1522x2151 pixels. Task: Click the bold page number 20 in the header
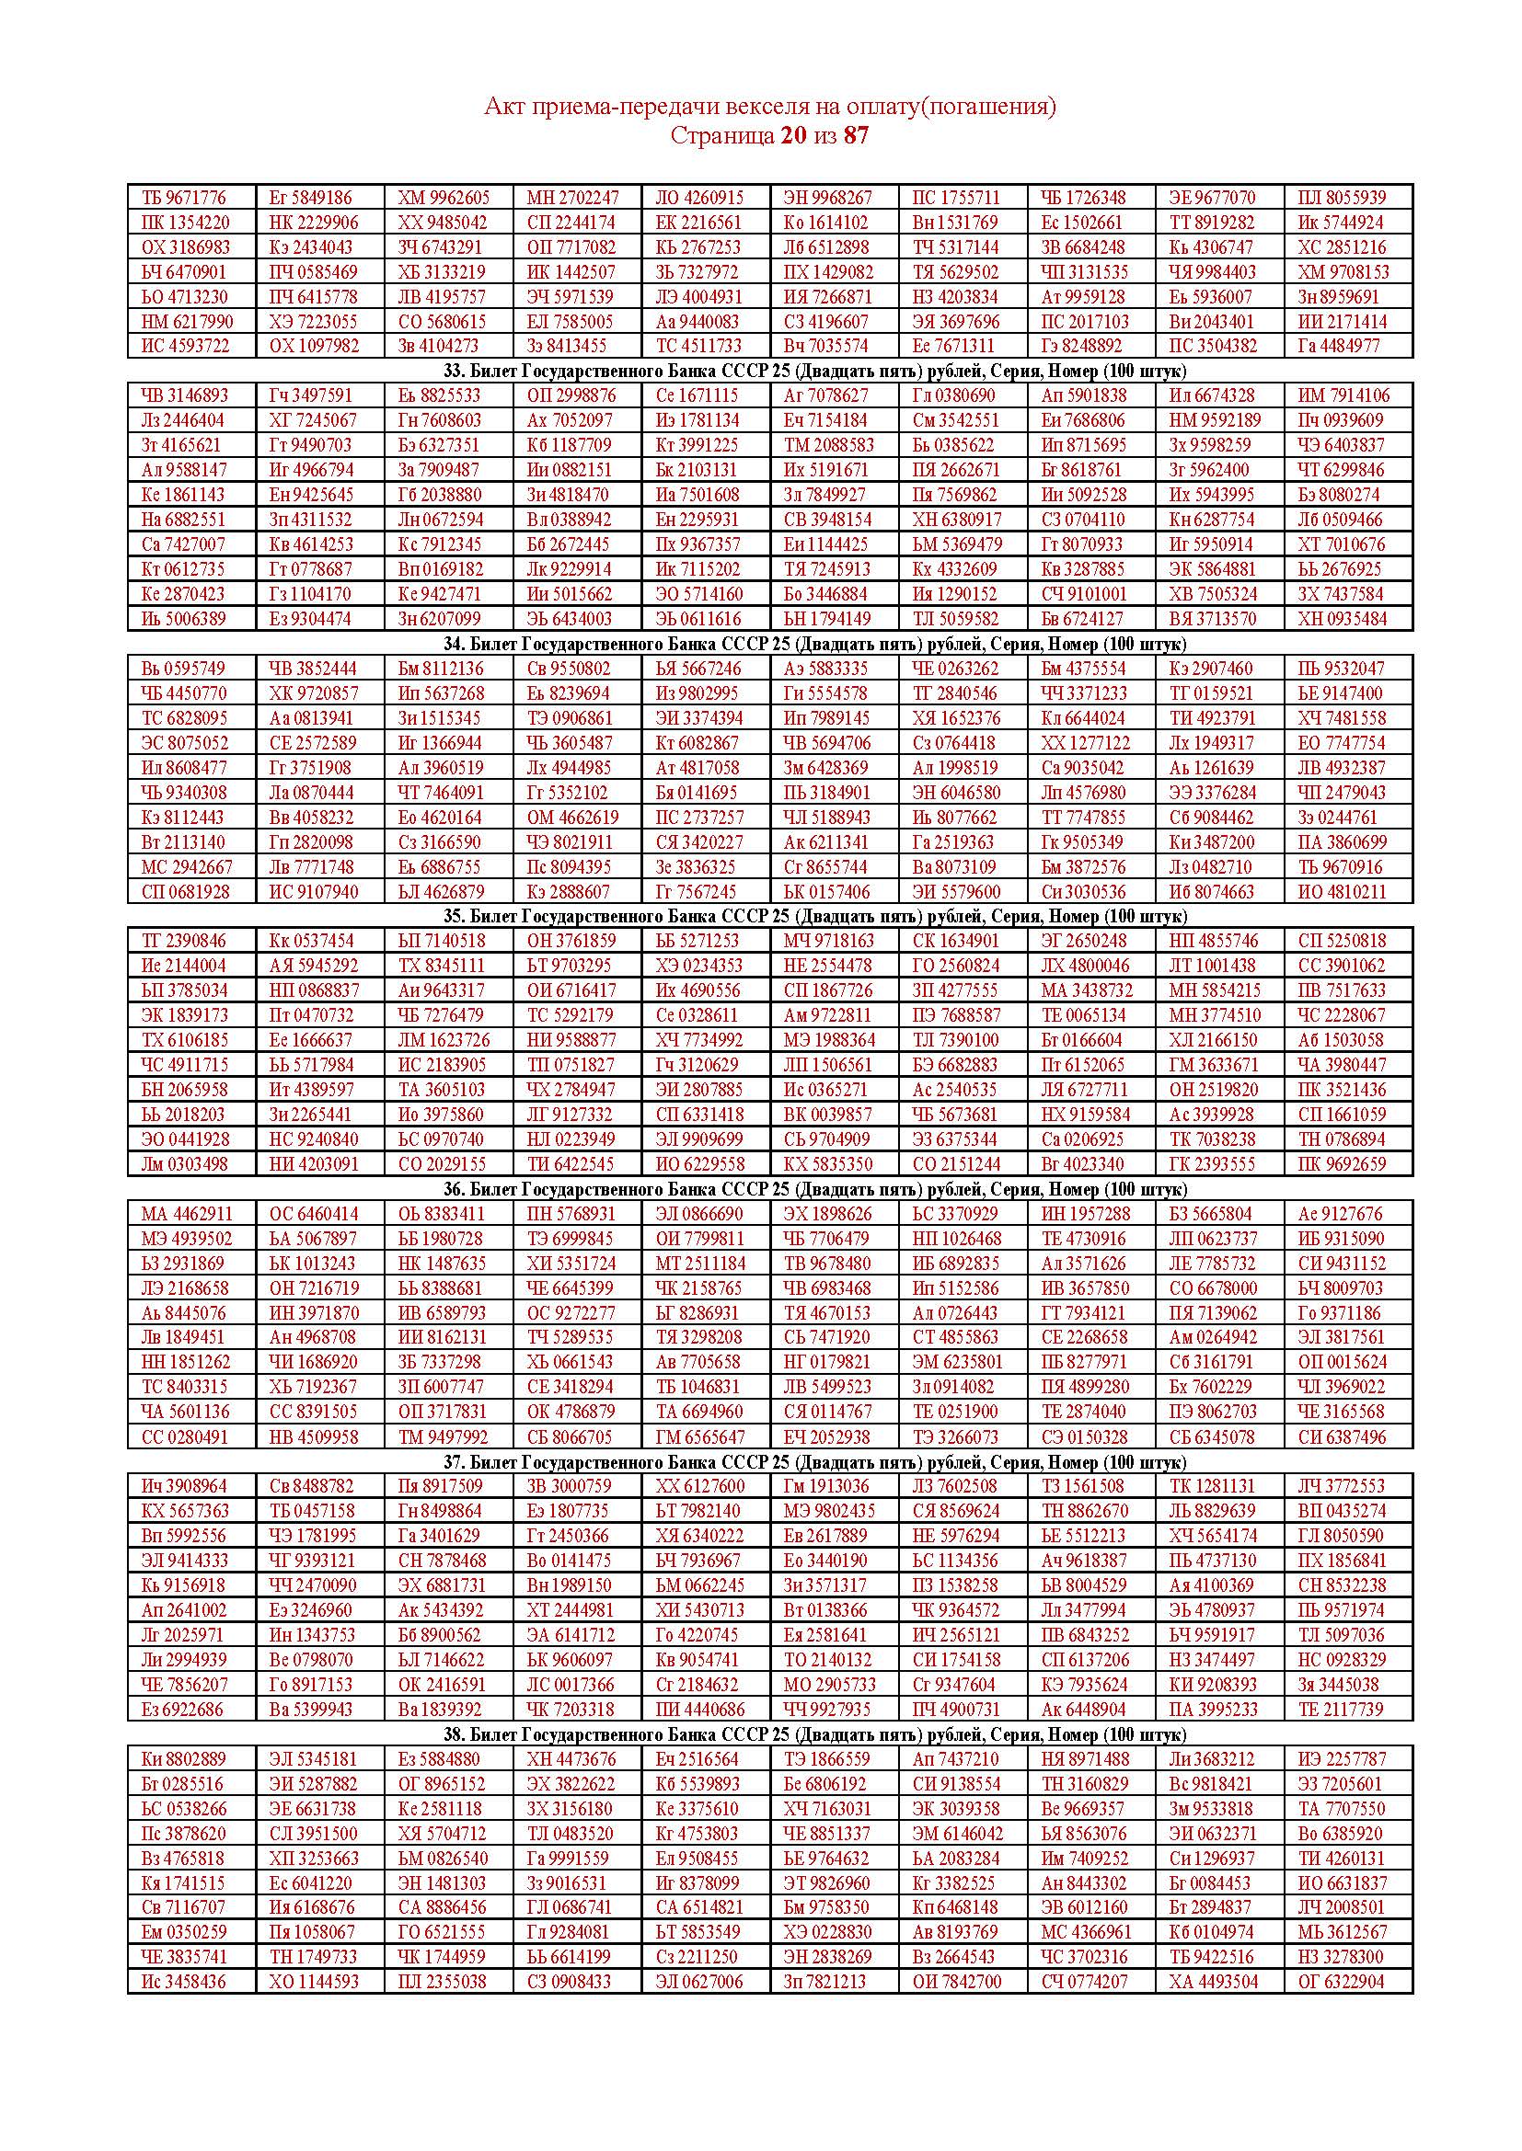(792, 136)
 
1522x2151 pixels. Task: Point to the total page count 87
(856, 136)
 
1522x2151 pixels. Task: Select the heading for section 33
(769, 370)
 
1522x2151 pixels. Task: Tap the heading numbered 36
(769, 1189)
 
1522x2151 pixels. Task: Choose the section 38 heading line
(769, 1734)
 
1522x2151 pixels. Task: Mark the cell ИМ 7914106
(1343, 395)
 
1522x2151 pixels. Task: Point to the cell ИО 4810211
(1341, 892)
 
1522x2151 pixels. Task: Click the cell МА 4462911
(187, 1214)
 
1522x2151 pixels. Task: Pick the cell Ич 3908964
(184, 1486)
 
